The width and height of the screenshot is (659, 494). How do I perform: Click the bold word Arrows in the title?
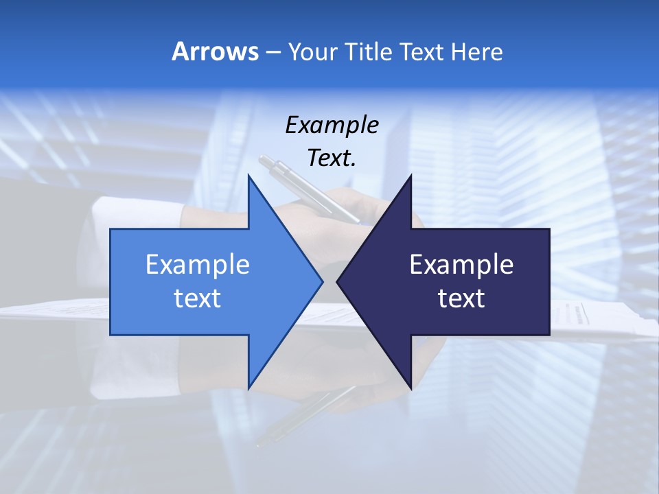pyautogui.click(x=215, y=51)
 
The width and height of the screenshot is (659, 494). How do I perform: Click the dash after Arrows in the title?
pyautogui.click(x=273, y=52)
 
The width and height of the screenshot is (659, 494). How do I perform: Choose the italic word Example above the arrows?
pyautogui.click(x=332, y=125)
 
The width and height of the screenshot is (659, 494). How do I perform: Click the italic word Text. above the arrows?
pyautogui.click(x=332, y=158)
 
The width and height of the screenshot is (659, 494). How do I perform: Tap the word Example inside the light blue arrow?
pyautogui.click(x=198, y=265)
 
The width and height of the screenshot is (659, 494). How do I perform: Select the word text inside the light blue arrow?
pyautogui.click(x=198, y=298)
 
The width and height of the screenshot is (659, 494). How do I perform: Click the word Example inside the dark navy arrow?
pyautogui.click(x=461, y=265)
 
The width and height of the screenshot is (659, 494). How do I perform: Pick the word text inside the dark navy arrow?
pyautogui.click(x=461, y=298)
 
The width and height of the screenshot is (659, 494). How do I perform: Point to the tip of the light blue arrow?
pyautogui.click(x=322, y=281)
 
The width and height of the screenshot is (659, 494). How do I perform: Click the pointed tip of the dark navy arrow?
pyautogui.click(x=338, y=281)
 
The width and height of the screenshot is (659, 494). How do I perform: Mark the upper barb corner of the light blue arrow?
pyautogui.click(x=248, y=176)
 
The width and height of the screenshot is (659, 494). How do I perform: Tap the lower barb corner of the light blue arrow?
pyautogui.click(x=248, y=388)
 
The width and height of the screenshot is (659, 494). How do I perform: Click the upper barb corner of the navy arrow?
pyautogui.click(x=411, y=176)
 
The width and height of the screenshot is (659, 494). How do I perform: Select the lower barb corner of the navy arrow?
pyautogui.click(x=411, y=388)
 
